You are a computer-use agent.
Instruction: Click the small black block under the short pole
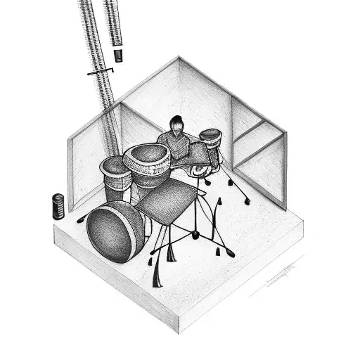pyautogui.click(x=119, y=54)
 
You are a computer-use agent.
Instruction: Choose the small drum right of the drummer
pyautogui.click(x=210, y=136)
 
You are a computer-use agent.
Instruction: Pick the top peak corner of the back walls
pyautogui.click(x=179, y=58)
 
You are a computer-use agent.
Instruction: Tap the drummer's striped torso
pyautogui.click(x=173, y=143)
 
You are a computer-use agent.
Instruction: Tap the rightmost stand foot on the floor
pyautogui.click(x=247, y=202)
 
